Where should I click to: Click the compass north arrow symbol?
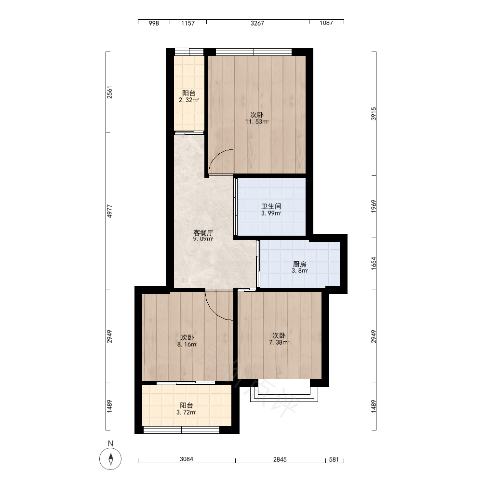click(110, 459)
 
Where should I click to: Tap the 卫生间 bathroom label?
click(271, 206)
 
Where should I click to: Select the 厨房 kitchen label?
click(299, 264)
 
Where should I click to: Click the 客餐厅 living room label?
click(203, 233)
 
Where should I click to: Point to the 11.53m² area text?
click(257, 122)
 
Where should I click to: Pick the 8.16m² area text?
click(187, 345)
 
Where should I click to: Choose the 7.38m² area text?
click(279, 342)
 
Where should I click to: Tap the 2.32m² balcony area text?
click(188, 100)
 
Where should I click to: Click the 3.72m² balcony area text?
click(186, 413)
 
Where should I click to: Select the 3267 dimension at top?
click(257, 23)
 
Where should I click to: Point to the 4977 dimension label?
click(110, 211)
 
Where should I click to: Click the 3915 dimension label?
click(374, 114)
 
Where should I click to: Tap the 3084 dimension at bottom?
click(187, 459)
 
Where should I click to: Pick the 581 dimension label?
click(334, 459)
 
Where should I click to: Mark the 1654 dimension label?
click(374, 264)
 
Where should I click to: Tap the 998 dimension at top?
click(154, 23)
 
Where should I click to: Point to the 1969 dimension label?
click(374, 206)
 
